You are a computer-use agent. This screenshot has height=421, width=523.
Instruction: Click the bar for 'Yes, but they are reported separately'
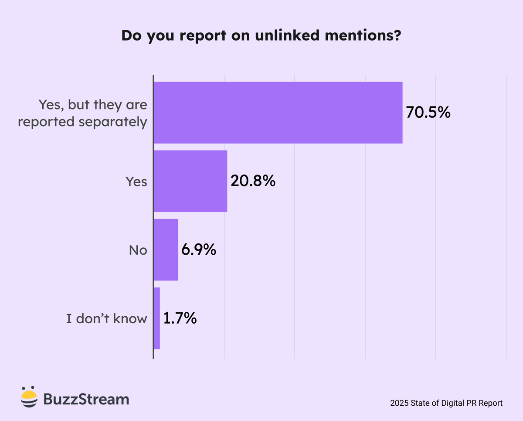(278, 113)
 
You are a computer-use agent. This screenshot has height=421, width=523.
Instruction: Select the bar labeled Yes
(190, 181)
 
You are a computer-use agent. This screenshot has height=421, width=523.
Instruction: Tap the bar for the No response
(166, 250)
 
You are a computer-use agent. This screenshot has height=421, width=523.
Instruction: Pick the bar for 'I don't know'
(157, 318)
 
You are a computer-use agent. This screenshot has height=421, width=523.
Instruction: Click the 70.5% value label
(428, 113)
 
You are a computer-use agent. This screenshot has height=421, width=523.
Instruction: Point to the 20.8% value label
(253, 181)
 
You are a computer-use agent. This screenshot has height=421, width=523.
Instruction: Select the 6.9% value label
(199, 250)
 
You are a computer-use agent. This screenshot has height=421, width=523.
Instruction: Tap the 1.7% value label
(180, 318)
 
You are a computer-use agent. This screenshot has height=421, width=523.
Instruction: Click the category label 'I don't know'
(106, 319)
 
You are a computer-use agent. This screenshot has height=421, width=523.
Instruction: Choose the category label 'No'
(138, 250)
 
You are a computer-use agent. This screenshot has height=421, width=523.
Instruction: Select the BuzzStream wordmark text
(86, 399)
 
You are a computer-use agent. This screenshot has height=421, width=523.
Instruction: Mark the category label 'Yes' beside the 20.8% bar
(136, 181)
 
